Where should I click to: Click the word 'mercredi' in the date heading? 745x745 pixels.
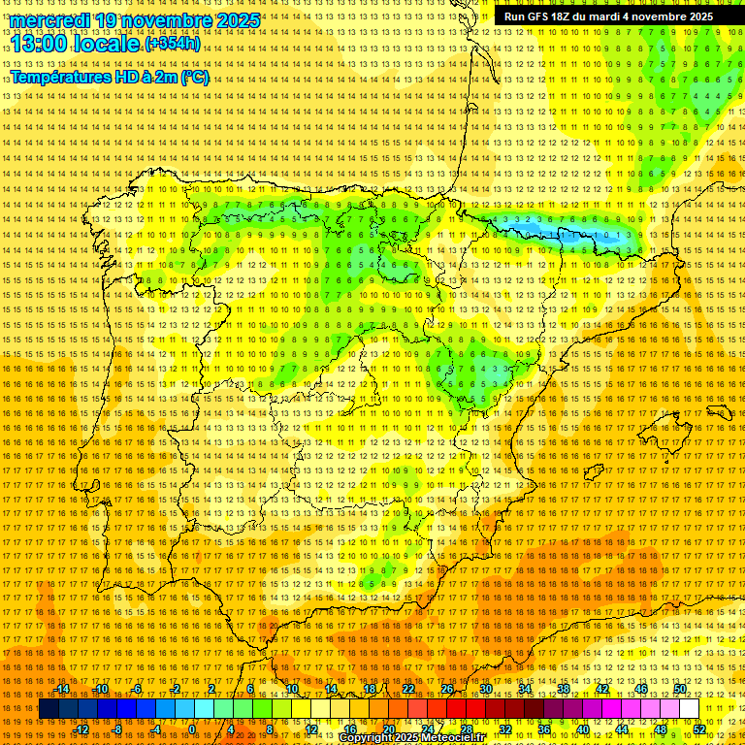coord(50,20)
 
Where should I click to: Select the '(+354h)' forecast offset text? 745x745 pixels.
coord(173,44)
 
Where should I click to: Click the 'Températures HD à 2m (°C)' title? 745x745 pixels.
coord(110,78)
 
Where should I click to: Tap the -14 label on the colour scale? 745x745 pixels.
coord(63,689)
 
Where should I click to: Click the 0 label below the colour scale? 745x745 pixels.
coord(192,729)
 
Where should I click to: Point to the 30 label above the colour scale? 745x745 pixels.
coord(486,689)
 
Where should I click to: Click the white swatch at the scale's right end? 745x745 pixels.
coord(690,709)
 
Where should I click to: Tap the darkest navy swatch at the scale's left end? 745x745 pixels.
coord(48,709)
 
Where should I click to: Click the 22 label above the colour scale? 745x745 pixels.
coord(408,689)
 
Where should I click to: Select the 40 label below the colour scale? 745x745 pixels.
coord(583,729)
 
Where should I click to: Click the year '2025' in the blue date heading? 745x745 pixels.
coord(239,20)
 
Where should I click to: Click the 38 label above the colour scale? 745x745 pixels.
coord(564,689)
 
